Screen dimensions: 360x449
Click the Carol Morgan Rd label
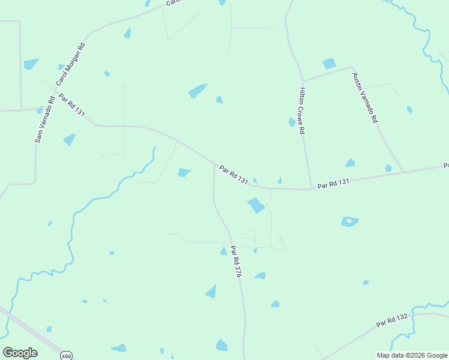(x=71, y=64)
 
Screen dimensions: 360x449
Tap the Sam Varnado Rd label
(x=44, y=119)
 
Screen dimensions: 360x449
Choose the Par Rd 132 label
(x=392, y=320)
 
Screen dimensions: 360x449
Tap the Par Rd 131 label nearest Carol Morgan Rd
(x=71, y=104)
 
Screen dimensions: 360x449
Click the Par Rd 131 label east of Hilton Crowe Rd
(x=333, y=183)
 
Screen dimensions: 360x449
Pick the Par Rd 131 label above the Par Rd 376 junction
(x=234, y=175)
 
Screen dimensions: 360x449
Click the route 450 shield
(x=65, y=356)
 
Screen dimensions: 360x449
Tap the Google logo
(x=20, y=353)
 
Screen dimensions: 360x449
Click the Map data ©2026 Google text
(x=412, y=355)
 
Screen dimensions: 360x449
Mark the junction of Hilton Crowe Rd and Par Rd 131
(x=311, y=188)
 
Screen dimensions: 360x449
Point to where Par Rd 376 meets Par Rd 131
(x=214, y=163)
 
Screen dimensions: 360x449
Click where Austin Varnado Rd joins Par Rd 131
(x=403, y=172)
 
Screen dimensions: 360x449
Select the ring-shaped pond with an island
(x=349, y=221)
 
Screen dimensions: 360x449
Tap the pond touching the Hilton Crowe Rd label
(x=292, y=122)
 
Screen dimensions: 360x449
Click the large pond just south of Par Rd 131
(x=256, y=205)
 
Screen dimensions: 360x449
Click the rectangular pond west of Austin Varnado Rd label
(x=329, y=64)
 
